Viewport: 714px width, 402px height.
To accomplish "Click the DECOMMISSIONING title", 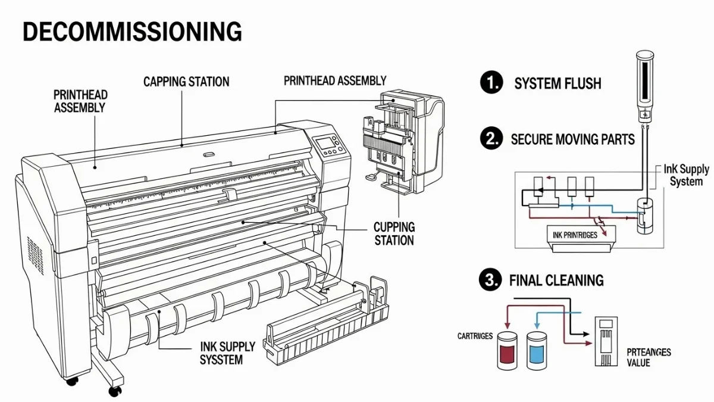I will pos(132,32).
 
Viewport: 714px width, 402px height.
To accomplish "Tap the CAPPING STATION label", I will pos(186,82).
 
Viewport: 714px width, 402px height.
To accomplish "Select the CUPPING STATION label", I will pos(394,233).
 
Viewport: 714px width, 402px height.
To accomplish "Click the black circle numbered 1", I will pos(491,82).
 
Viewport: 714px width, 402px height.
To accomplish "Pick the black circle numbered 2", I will pos(490,139).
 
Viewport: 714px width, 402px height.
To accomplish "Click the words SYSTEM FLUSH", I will pos(558,83).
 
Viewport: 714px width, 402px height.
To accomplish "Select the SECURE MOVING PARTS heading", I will pos(572,140).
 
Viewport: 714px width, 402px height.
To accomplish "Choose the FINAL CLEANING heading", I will pos(556,280).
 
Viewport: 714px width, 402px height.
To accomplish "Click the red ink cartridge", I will pos(508,350).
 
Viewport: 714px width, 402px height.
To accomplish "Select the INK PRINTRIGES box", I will pos(575,236).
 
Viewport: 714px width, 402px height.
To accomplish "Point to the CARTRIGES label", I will pos(475,336).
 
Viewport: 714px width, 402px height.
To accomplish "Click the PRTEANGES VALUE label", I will pos(649,357).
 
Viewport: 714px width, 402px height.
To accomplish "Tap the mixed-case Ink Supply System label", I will pos(686,175).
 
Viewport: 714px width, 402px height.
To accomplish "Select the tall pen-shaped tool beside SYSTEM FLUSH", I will pos(644,86).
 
